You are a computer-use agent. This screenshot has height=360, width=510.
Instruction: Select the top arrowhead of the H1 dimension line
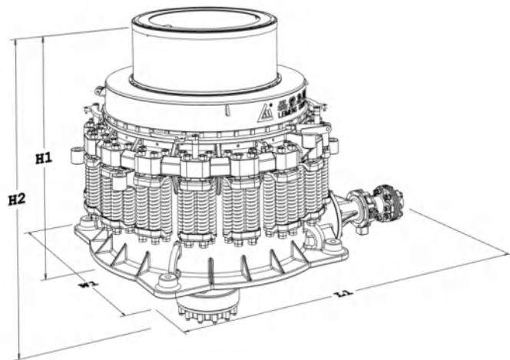[44, 39]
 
